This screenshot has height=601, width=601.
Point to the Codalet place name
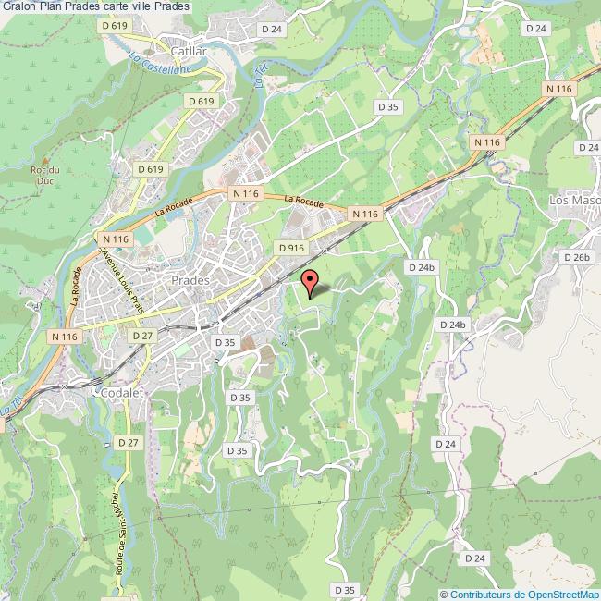coord(116,392)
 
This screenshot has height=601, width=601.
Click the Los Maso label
coord(574,200)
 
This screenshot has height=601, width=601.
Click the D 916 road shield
coord(290,248)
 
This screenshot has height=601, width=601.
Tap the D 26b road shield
coord(575,257)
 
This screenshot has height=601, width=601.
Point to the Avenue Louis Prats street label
coord(124,276)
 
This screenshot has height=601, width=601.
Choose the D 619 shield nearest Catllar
coord(115,25)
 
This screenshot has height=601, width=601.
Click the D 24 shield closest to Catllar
coord(272,29)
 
